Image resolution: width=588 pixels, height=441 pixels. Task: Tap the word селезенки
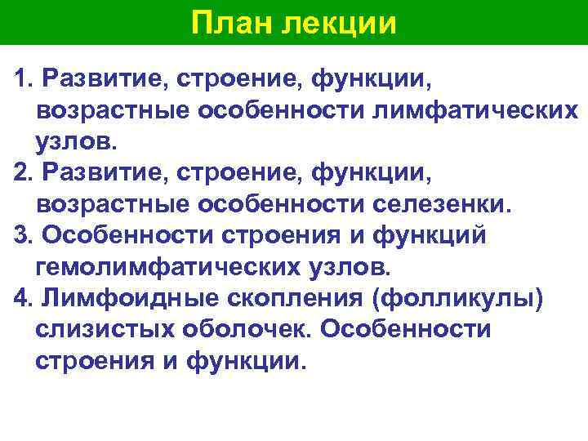(443, 203)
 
